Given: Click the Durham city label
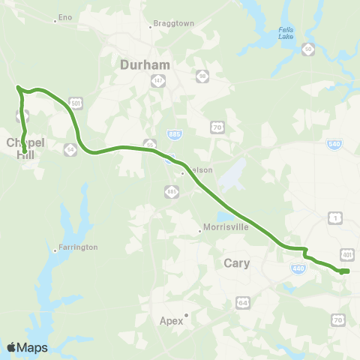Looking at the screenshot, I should coord(145,65).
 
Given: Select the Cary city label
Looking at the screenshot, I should coord(237,263).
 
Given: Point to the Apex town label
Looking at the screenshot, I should coord(171,320).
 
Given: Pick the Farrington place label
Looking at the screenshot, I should coord(78,247).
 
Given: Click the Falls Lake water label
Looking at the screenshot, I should coord(286,33).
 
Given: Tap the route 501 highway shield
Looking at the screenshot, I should coord(76,102).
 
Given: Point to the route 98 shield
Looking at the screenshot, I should coord(202,76).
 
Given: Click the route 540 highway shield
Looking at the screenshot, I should coord(334,144).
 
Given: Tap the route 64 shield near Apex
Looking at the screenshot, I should coord(242,302).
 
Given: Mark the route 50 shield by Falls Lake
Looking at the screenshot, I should coord(307,49).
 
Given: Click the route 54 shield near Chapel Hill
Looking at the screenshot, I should coord(70,148).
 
